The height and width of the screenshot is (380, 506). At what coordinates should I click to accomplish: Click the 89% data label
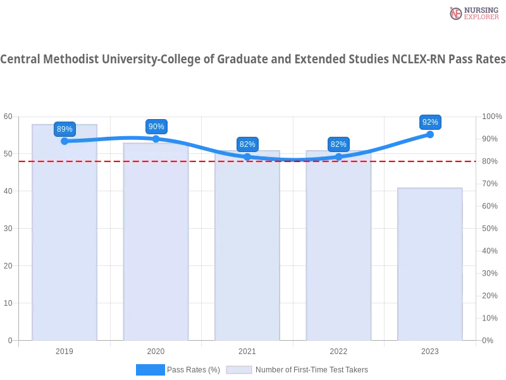65,129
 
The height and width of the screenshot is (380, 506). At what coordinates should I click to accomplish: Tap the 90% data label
156,127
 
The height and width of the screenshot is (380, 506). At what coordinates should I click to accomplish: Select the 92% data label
430,122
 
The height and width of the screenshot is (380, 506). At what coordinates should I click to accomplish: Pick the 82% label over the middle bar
247,144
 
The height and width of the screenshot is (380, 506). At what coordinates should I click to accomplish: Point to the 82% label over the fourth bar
338,144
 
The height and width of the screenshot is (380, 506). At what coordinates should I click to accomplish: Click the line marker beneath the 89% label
65,141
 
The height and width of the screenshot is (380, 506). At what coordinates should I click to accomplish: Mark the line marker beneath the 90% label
156,138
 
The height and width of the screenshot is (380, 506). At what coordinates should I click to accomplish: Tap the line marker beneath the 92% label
430,134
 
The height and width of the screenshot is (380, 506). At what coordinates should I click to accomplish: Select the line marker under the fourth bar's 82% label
338,156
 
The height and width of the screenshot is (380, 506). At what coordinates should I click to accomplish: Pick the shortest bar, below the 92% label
430,266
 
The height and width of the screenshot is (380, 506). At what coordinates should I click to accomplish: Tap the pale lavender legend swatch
239,370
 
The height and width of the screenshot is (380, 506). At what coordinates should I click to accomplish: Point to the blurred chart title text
253,60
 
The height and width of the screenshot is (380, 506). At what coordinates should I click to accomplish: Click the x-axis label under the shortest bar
430,350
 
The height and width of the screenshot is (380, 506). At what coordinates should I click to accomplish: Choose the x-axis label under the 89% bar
66,350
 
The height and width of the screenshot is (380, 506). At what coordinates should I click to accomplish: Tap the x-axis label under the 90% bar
156,350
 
